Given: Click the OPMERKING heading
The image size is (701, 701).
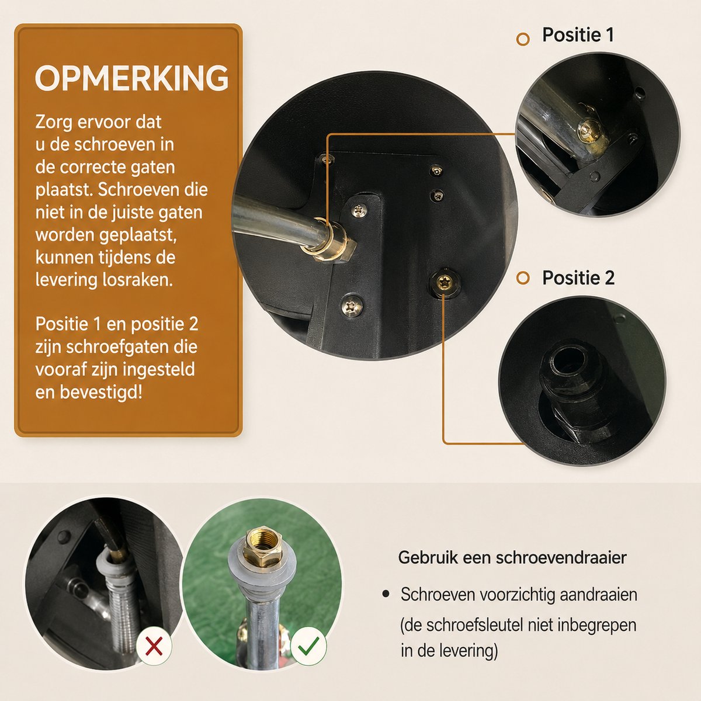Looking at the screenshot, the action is [131, 78].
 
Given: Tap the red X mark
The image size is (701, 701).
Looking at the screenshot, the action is [154, 647].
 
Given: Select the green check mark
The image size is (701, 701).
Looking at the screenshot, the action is [308, 646].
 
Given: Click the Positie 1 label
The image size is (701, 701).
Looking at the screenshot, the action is [578, 35].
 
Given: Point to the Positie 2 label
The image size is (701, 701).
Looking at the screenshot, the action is [578, 278].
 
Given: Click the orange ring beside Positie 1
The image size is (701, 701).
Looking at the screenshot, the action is [523, 39].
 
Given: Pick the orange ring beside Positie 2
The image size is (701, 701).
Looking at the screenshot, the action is [523, 278].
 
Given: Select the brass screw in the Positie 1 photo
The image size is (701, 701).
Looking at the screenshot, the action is [590, 129].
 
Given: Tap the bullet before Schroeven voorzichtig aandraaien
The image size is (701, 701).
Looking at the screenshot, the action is [386, 594].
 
